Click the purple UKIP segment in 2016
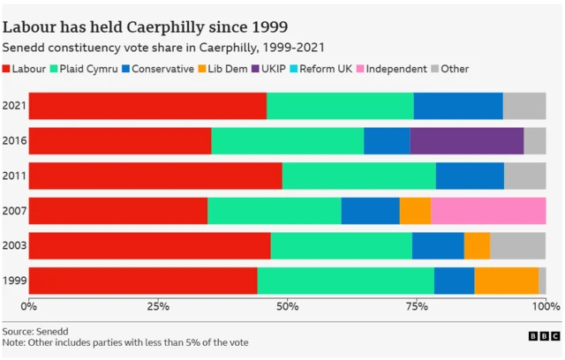[467, 141]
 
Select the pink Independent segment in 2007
[488, 211]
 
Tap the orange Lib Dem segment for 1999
[506, 281]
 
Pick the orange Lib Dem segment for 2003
[477, 246]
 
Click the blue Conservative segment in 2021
[458, 106]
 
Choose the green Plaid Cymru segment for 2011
[358, 176]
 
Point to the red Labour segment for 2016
[120, 141]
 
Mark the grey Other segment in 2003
[518, 246]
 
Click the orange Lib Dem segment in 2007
[415, 211]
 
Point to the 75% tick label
[417, 305]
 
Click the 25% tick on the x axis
[158, 305]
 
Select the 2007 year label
[14, 211]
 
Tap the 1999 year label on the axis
[14, 281]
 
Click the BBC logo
[544, 336]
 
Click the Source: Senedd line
[38, 330]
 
